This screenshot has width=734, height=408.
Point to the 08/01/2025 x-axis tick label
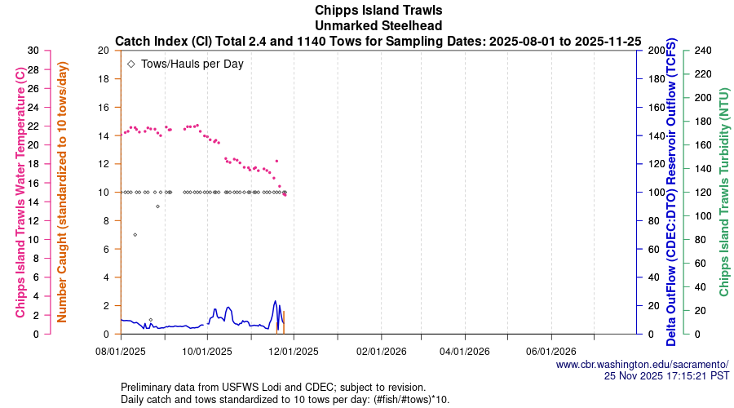tap(121, 352)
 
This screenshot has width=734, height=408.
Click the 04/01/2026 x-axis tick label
tap(465, 352)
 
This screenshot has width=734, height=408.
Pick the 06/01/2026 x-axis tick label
tap(551, 352)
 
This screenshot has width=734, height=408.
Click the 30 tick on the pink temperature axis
tap(33, 51)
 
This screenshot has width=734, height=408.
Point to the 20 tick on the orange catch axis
tap(103, 51)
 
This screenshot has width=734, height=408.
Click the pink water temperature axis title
tap(20, 193)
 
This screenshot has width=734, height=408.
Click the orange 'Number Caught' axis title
tap(62, 193)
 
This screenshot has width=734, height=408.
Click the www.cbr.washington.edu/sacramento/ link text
tap(642, 364)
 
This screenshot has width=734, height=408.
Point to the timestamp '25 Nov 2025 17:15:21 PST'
tap(666, 375)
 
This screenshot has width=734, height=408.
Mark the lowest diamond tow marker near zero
tap(150, 320)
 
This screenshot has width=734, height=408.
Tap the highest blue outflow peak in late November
tap(276, 301)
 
